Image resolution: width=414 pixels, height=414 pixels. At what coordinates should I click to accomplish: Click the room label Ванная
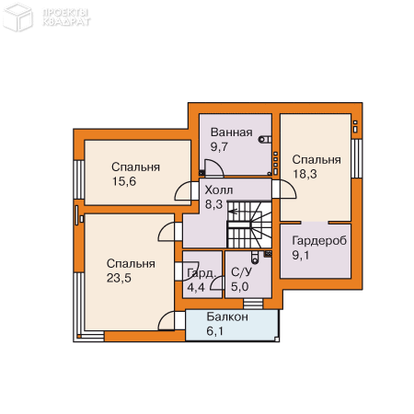pyautogui.click(x=232, y=132)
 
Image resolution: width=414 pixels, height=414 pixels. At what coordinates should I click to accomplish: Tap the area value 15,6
pyautogui.click(x=124, y=181)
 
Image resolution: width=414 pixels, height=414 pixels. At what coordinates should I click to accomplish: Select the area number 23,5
pyautogui.click(x=119, y=278)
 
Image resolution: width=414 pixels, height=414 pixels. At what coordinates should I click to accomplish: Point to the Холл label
pyautogui.click(x=219, y=190)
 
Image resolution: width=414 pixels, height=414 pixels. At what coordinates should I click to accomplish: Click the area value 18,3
pyautogui.click(x=305, y=174)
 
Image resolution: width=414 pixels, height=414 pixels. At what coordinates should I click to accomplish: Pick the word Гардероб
pyautogui.click(x=319, y=241)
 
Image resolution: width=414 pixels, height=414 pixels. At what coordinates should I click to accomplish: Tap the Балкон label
pyautogui.click(x=227, y=316)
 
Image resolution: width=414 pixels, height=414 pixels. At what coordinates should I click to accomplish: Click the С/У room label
pyautogui.click(x=241, y=271)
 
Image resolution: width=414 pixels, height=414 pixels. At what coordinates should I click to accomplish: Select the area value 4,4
pyautogui.click(x=196, y=288)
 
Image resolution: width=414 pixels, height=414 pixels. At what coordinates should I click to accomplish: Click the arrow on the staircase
pyautogui.click(x=233, y=212)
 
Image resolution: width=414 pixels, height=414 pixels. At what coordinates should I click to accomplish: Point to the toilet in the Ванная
pyautogui.click(x=265, y=140)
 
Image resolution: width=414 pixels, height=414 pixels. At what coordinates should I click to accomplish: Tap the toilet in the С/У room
pyautogui.click(x=255, y=258)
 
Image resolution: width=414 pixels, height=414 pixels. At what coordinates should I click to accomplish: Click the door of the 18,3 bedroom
pyautogui.click(x=284, y=190)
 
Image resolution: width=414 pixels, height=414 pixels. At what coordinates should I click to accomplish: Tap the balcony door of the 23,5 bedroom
pyautogui.click(x=171, y=320)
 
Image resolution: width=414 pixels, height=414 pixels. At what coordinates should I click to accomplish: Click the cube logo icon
pyautogui.click(x=17, y=17)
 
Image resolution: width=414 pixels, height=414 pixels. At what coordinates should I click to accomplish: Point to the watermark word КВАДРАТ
pyautogui.click(x=66, y=22)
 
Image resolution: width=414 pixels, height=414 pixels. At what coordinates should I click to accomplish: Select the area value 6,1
pyautogui.click(x=214, y=331)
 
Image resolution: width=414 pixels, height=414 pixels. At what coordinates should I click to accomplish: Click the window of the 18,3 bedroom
pyautogui.click(x=357, y=158)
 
